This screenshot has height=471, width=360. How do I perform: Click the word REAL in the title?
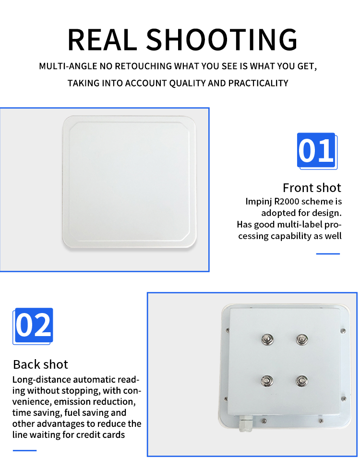[102, 39]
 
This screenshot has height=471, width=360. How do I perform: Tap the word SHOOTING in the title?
[222, 39]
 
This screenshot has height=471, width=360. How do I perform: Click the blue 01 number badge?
[317, 151]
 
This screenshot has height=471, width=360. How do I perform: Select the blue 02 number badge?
[33, 326]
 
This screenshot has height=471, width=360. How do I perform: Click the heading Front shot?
[312, 188]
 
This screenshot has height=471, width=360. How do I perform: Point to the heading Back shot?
[40, 364]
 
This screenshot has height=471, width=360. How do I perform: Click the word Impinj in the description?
[258, 202]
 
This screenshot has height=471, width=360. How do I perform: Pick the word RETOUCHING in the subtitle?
[144, 66]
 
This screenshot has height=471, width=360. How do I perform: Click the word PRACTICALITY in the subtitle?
[258, 83]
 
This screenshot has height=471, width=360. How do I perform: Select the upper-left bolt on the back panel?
[267, 340]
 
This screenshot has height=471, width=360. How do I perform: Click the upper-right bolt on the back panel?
[302, 340]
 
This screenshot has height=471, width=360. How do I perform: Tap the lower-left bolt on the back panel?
[266, 381]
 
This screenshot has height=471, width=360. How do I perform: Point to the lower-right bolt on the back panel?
[301, 381]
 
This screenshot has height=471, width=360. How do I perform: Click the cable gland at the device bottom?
[245, 423]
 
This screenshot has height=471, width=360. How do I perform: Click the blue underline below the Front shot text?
[328, 254]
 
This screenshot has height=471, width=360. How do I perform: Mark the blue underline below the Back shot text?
[24, 450]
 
